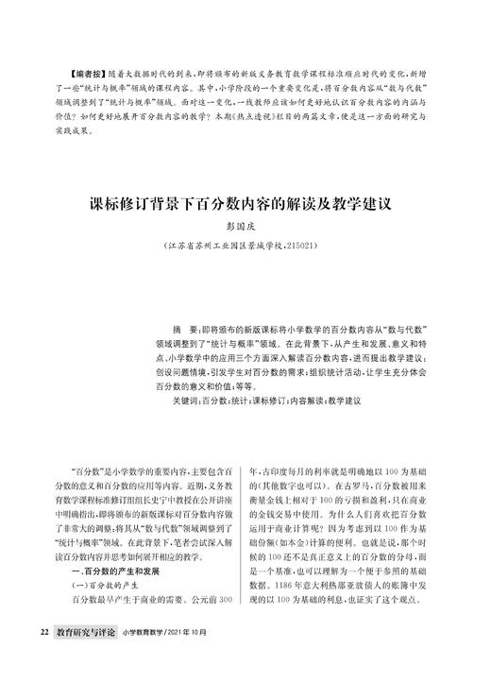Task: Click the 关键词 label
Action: point(172,400)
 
